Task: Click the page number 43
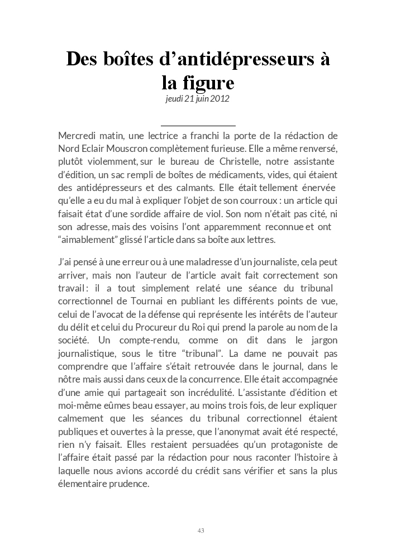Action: [201, 530]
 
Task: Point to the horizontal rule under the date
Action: [198, 126]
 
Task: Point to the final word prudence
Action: [129, 484]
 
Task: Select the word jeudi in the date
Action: [175, 99]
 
